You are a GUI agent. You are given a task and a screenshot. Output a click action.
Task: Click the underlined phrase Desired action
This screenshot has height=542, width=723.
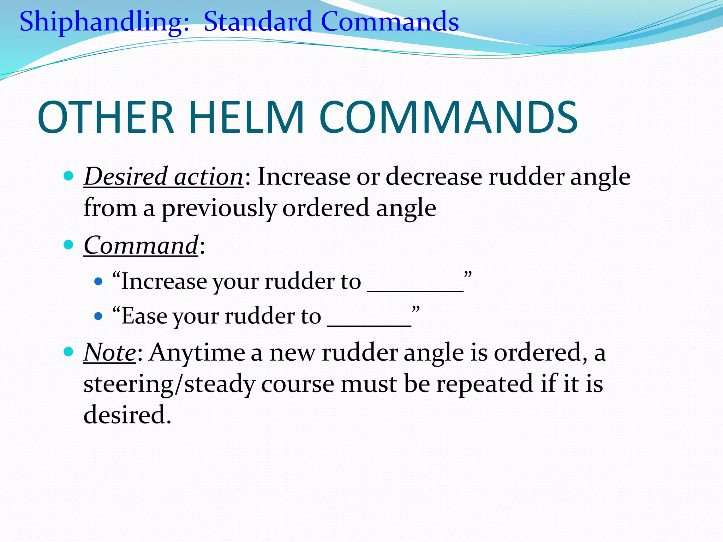click(163, 176)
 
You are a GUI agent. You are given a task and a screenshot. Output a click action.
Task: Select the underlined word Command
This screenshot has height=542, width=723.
click(141, 245)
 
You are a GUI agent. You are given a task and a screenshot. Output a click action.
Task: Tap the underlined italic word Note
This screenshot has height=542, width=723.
click(110, 352)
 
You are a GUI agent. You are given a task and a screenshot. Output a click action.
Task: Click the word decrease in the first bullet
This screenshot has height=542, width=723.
click(434, 176)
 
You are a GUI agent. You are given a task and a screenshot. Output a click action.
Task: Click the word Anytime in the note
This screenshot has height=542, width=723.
click(197, 352)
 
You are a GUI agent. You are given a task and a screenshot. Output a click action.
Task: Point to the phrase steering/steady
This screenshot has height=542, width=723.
click(169, 384)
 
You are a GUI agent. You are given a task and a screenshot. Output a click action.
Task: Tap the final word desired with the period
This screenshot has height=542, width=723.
click(127, 415)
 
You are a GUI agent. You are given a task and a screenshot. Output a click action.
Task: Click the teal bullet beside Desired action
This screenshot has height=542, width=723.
click(68, 175)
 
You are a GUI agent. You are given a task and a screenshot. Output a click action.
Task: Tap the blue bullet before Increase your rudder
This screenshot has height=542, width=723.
click(98, 282)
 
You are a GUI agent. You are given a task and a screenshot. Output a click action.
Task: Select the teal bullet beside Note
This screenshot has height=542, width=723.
click(68, 351)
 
